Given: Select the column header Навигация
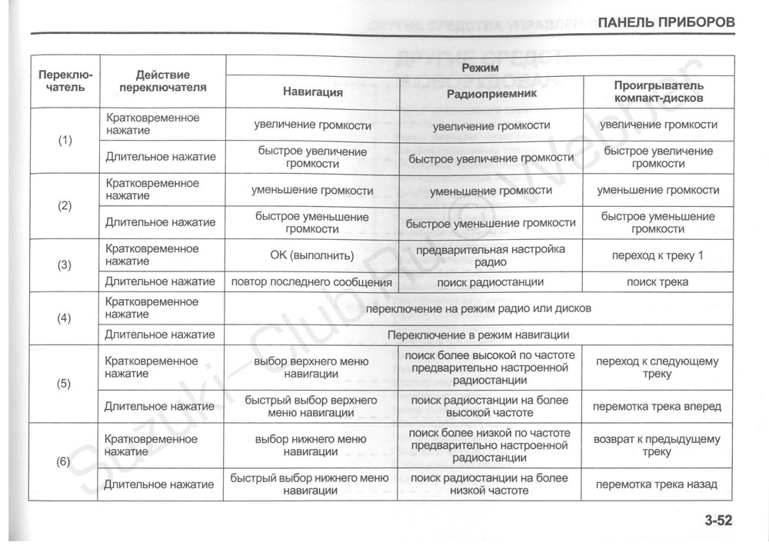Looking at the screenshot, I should point(313,92).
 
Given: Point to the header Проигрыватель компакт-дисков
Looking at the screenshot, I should point(658,92).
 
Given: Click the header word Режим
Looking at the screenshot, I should point(480,68).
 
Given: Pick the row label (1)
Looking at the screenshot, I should point(65,141).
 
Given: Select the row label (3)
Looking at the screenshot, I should point(65,265).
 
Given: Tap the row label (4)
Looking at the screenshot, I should point(65,318).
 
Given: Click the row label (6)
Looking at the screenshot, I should point(65,462).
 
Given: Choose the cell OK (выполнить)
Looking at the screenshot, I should point(312,255).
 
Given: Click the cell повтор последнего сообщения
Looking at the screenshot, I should point(312,282).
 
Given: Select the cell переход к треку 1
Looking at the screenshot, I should point(657,255).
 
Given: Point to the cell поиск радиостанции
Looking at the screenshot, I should point(491,282).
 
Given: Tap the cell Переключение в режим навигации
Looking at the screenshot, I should point(478,335).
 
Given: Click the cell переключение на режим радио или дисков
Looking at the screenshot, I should point(478,309).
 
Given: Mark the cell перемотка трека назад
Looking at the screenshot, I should point(657,484).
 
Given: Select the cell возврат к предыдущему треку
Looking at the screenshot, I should point(657,446).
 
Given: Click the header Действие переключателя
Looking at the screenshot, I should point(163,81).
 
